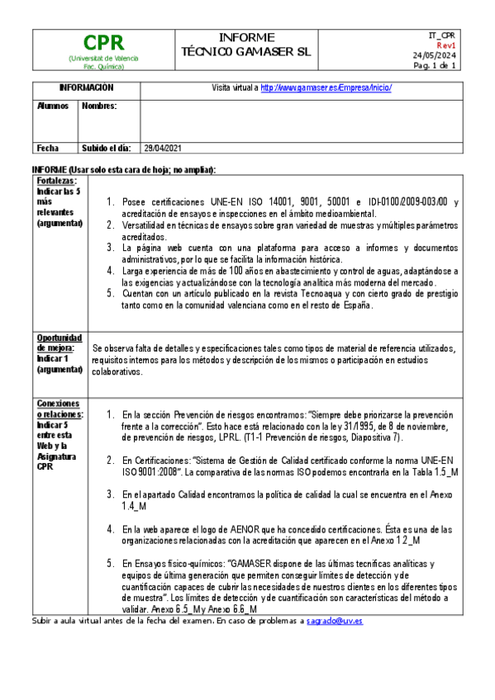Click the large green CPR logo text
[x=103, y=43]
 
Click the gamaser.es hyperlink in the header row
[x=326, y=87]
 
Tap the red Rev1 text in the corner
[x=446, y=45]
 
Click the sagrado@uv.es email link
[x=335, y=620]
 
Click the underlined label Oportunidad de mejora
[x=59, y=343]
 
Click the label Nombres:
[x=99, y=106]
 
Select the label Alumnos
[x=52, y=106]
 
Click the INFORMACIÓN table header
[x=86, y=87]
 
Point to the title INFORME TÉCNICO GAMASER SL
[x=246, y=44]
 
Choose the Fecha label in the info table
[x=48, y=149]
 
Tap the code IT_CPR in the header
[x=441, y=35]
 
